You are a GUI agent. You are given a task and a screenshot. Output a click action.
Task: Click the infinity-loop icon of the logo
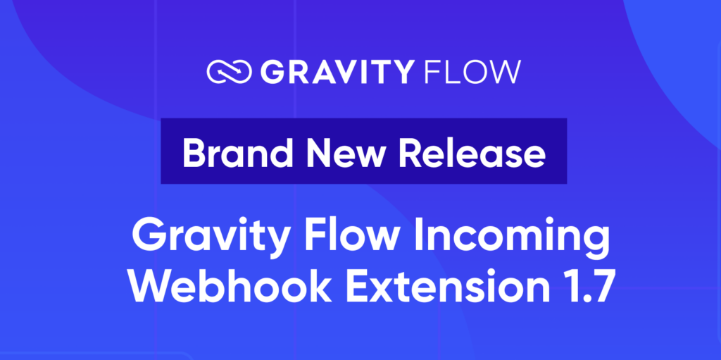[228, 71]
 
